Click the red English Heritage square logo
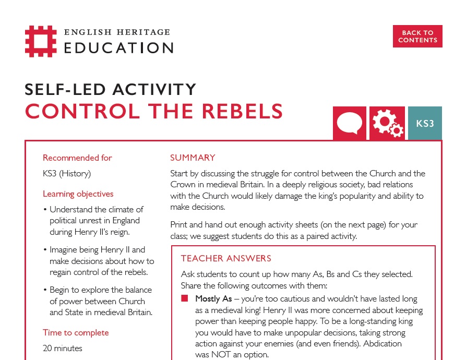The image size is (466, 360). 40,41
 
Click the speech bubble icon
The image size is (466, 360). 349,123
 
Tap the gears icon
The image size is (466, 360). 387,123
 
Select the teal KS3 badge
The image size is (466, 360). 425,123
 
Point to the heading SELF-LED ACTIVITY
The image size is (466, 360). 111,90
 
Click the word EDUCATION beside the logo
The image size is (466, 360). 119,48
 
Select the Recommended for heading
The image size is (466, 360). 77,158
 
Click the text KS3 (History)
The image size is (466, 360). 67,174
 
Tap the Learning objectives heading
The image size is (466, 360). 78,194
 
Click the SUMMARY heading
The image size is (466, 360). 193,158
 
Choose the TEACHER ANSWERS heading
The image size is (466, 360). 226,258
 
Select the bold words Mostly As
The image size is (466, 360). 213,299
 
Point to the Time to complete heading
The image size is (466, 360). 76,332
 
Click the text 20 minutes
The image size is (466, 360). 63,348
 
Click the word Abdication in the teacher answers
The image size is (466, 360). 381,343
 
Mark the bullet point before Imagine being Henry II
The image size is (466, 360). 45,250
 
